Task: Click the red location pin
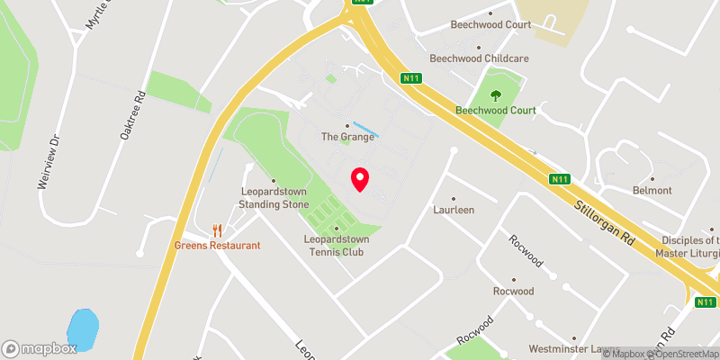(x=360, y=179)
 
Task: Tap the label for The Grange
(x=347, y=138)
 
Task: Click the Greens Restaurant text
(x=218, y=246)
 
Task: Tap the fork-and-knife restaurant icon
(x=216, y=230)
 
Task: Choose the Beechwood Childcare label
(x=478, y=58)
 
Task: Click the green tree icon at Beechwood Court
(x=494, y=94)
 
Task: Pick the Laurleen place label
(x=453, y=210)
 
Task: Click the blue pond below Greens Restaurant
(x=82, y=330)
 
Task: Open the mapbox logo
(x=39, y=348)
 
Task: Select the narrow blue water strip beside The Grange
(x=365, y=129)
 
